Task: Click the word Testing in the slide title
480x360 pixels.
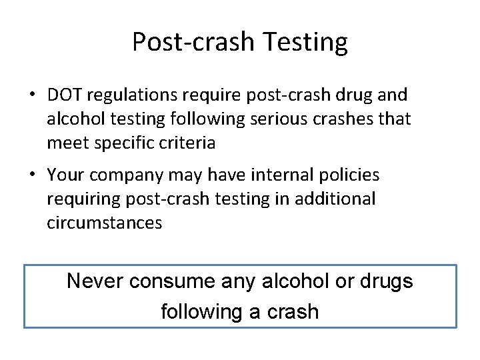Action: [305, 43]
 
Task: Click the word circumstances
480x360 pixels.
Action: [104, 223]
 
